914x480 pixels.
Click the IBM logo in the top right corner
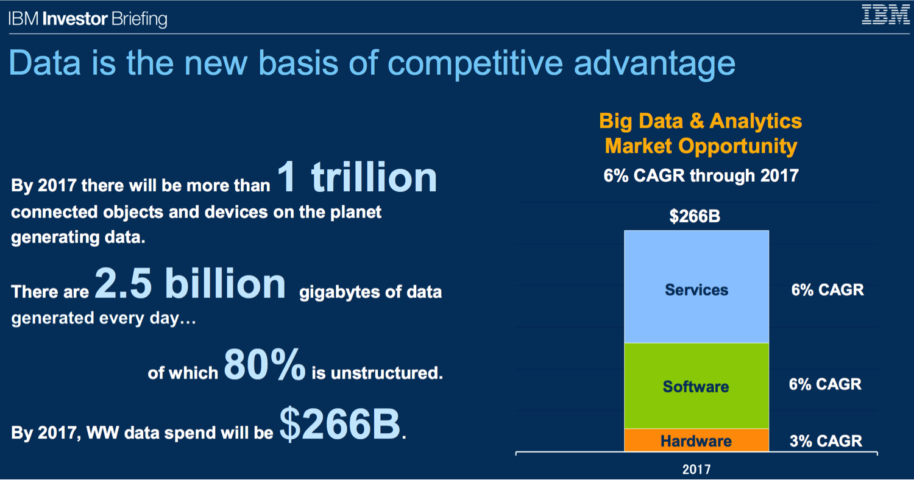click(x=885, y=15)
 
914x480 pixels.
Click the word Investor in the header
click(x=75, y=19)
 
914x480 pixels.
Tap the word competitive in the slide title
click(x=475, y=64)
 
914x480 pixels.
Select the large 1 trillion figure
click(x=357, y=177)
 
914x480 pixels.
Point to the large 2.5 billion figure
click(x=190, y=283)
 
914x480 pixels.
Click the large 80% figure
click(x=264, y=364)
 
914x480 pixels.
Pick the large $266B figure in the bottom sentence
click(x=340, y=424)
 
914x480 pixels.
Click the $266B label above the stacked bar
click(x=695, y=216)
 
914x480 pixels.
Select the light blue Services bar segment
click(x=696, y=287)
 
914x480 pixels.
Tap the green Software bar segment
click(x=696, y=386)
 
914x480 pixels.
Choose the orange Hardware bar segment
click(x=696, y=440)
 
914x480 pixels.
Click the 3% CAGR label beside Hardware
click(x=826, y=441)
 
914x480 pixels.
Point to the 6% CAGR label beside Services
click(x=827, y=290)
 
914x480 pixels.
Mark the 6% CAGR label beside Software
click(x=825, y=384)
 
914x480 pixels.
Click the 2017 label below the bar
click(x=696, y=470)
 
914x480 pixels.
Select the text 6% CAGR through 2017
click(x=701, y=176)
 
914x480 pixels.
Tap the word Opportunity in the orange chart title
click(x=738, y=147)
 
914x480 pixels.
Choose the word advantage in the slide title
click(x=654, y=64)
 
